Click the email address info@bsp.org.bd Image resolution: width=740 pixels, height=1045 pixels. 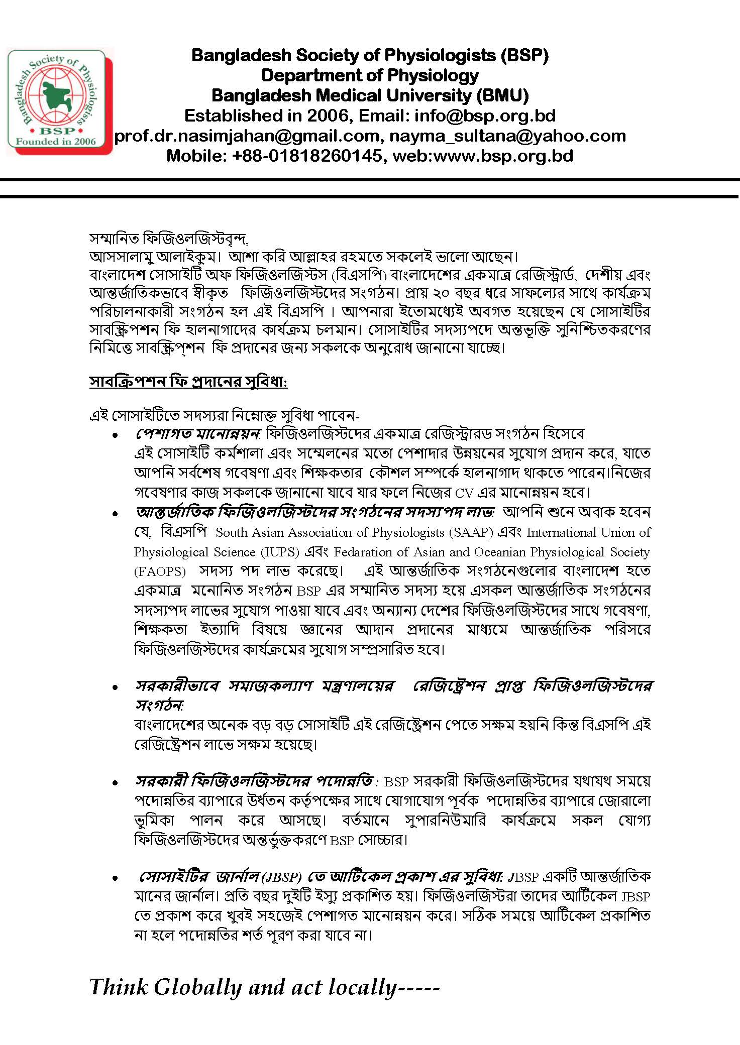[x=485, y=115]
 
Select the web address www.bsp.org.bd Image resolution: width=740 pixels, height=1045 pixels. [x=503, y=156]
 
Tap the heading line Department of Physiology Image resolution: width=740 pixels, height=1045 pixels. [x=370, y=75]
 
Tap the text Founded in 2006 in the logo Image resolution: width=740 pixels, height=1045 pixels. [x=56, y=141]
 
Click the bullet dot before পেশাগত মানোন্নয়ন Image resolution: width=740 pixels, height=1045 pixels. [x=116, y=435]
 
